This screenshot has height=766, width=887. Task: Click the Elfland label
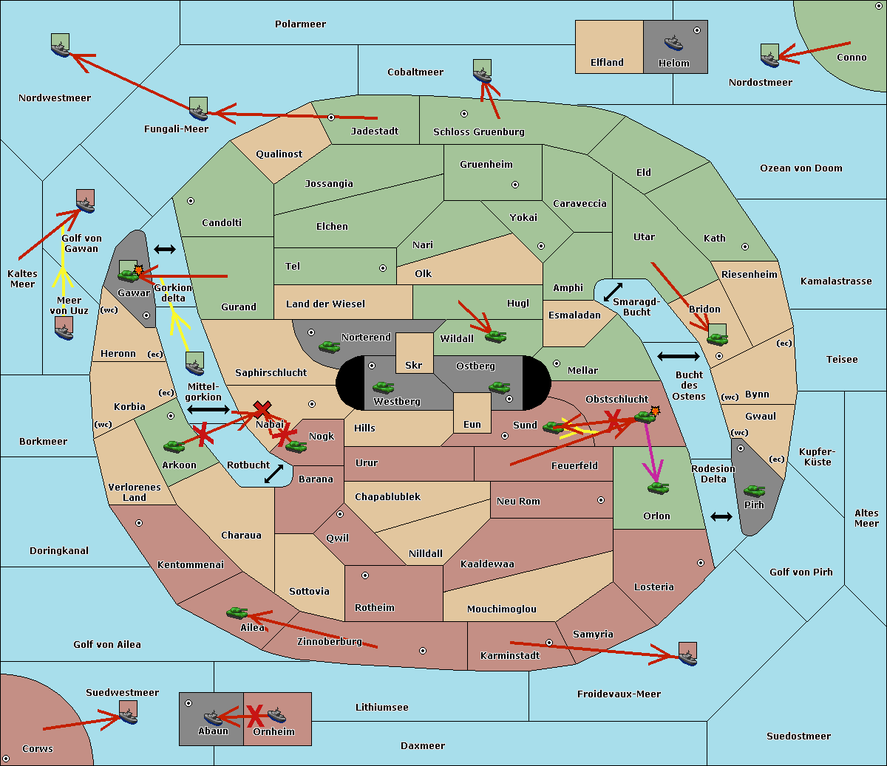coord(607,63)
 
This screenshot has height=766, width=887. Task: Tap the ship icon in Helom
coord(673,42)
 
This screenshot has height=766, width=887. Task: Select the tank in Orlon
coord(657,488)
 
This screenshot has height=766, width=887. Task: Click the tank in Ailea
coord(237,612)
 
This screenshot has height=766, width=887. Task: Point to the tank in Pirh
coord(754,491)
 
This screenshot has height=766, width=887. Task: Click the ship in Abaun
coord(213,717)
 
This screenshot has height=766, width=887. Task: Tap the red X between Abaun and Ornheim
coord(255,716)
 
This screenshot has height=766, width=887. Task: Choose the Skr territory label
coord(414,365)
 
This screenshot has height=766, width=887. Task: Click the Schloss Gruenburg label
coord(478,132)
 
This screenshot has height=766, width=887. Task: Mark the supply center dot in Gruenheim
coord(515,185)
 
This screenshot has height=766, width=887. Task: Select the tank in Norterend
coord(329,346)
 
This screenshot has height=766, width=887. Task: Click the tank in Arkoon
coord(174,446)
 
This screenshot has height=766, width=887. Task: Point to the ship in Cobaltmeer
coord(482,72)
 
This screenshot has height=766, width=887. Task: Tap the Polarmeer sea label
coord(300,24)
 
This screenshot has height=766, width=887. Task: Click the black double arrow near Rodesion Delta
coord(721,516)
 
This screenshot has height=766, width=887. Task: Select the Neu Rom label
coord(518,502)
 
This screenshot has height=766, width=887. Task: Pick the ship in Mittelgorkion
coord(195,364)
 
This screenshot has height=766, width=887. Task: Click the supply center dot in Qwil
coord(340,514)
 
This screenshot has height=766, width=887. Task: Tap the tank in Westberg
coord(383,387)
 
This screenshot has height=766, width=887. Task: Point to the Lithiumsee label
coord(381,708)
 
